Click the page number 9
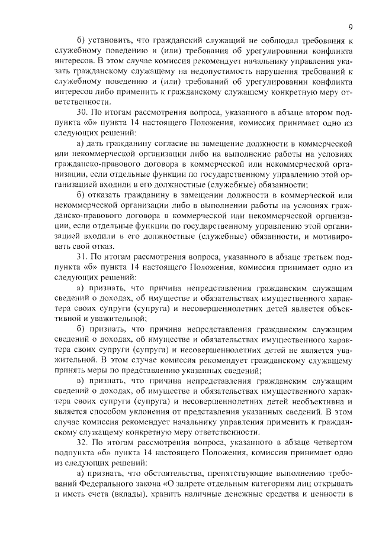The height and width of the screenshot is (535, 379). (351, 27)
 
